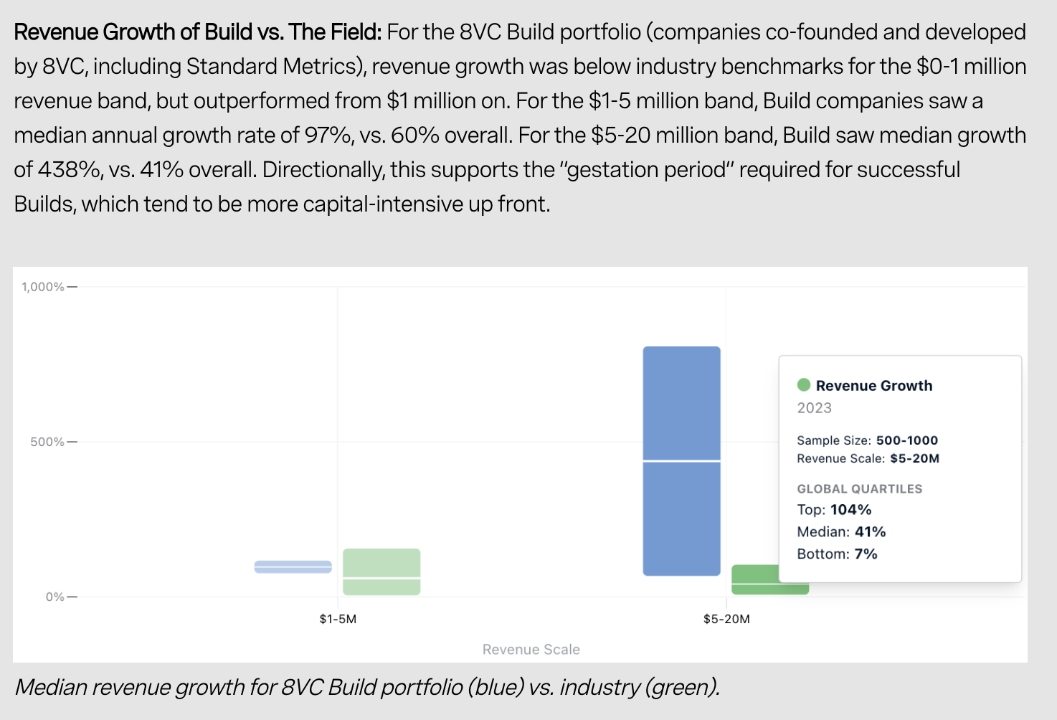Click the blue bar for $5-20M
(681, 460)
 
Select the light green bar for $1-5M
(381, 572)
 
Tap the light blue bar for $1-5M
(293, 567)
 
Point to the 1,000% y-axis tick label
(43, 287)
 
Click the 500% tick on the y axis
(47, 442)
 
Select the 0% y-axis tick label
(54, 597)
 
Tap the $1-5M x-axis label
(338, 619)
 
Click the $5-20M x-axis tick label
(726, 619)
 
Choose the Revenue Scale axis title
(531, 650)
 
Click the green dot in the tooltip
(804, 385)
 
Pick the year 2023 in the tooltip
(815, 408)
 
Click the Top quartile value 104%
(851, 510)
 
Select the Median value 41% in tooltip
(871, 532)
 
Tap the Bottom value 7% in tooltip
(866, 554)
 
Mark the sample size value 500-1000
(907, 440)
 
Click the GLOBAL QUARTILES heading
(860, 489)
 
